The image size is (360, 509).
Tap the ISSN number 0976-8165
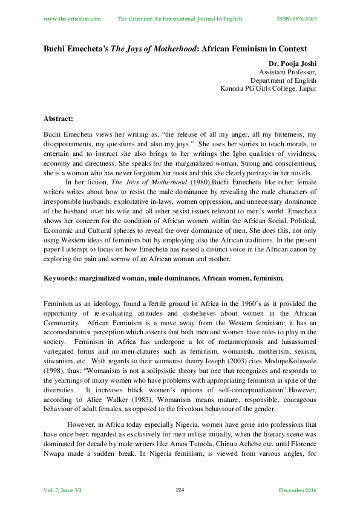303,19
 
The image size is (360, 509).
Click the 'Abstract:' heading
61,119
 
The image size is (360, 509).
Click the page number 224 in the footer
180,489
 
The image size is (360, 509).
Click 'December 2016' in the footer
298,490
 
